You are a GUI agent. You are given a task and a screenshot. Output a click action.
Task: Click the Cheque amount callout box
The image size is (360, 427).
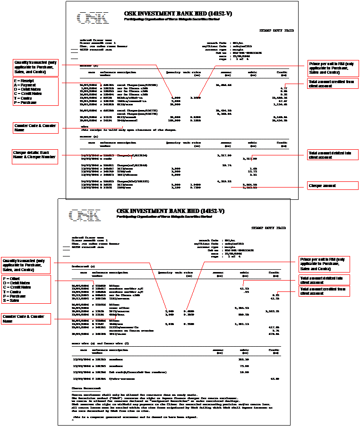(333, 186)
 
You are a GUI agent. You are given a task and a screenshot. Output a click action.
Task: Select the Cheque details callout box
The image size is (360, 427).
(35, 157)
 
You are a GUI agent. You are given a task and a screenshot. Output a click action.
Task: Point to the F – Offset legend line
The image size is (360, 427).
(12, 279)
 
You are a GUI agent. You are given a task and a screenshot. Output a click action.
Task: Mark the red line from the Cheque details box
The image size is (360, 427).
(94, 155)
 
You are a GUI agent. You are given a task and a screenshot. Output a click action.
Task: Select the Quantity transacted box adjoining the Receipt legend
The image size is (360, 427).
(35, 67)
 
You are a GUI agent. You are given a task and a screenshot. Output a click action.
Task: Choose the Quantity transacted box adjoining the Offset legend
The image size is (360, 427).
(26, 265)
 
